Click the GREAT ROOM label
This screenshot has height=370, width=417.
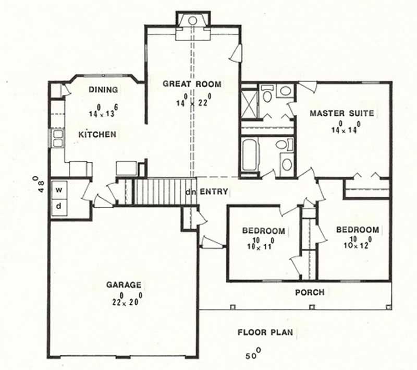pos(191,83)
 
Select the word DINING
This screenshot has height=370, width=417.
pos(103,90)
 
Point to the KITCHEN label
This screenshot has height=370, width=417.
pos(97,135)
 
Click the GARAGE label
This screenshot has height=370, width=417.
pos(124,285)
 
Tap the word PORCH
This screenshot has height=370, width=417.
pos(310,292)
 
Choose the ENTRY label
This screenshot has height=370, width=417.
pos(213,192)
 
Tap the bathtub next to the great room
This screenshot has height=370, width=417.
pos(249,155)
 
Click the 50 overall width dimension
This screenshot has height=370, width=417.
pos(252,355)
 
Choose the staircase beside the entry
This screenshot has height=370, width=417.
pos(156,192)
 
